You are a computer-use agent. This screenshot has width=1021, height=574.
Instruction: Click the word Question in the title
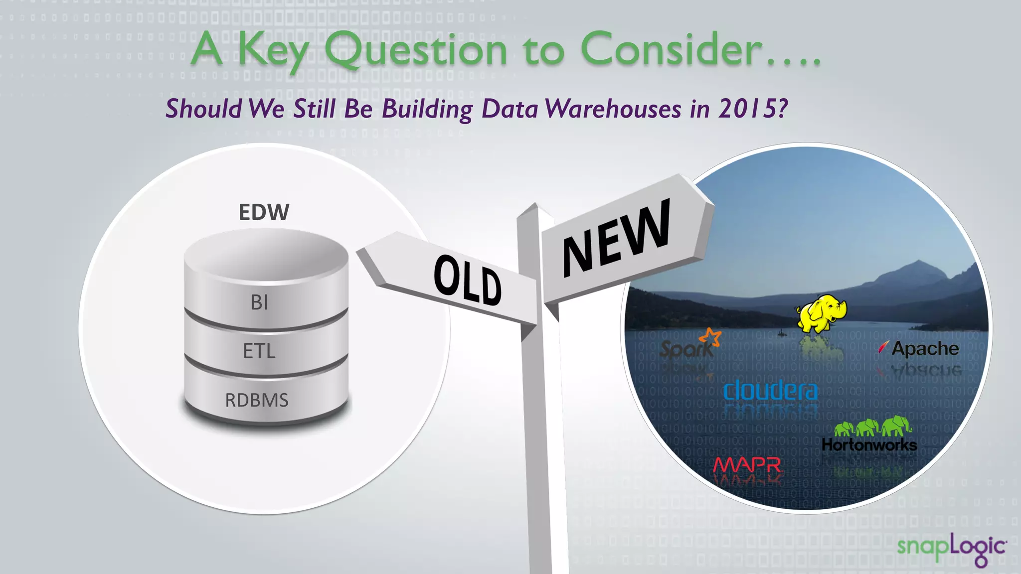416,50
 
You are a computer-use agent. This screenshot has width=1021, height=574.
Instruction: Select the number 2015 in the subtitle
747,108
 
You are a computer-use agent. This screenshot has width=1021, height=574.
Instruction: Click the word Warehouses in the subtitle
613,108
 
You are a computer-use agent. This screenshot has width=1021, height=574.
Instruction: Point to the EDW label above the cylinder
264,212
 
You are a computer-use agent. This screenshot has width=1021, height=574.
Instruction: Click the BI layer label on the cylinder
259,302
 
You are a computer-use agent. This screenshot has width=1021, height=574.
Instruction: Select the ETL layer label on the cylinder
259,351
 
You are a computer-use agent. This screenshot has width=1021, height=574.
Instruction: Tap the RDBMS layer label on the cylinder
257,400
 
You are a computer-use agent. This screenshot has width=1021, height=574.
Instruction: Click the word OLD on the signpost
467,280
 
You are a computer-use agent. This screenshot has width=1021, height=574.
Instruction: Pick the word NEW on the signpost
617,238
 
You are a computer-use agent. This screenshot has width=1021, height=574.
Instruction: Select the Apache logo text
925,348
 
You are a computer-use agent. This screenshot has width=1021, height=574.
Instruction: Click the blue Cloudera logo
771,391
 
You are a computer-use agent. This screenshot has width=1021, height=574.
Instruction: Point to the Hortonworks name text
869,444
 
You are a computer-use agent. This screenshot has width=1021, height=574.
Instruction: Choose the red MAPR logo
747,465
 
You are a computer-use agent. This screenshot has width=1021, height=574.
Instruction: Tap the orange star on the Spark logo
711,337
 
